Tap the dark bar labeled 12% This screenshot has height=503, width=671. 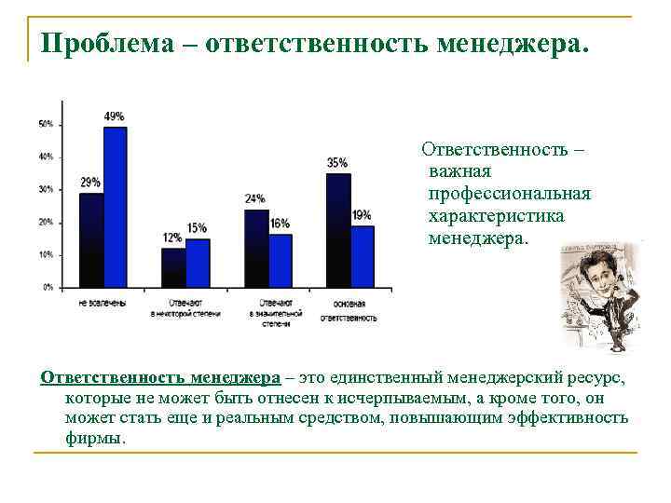tap(173, 268)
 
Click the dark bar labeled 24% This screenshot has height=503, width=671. tap(256, 249)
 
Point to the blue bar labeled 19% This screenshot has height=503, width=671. tap(363, 256)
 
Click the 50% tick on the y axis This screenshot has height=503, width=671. tap(45, 124)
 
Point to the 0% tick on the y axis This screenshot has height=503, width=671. tap(47, 288)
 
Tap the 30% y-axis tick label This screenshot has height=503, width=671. tap(45, 189)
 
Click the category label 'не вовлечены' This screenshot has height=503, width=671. tap(103, 305)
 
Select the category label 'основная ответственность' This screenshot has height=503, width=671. tap(349, 311)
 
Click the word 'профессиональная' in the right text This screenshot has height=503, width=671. tap(509, 194)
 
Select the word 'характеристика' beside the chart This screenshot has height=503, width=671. tap(496, 216)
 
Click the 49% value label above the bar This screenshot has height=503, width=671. tap(114, 116)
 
